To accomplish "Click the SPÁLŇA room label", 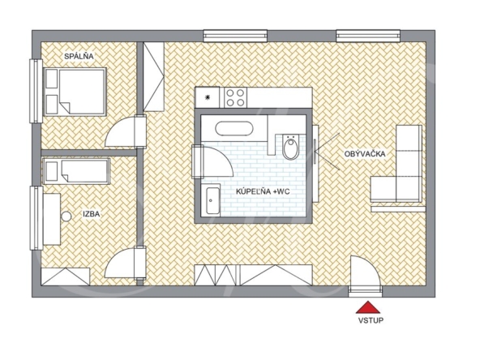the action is click(x=79, y=56).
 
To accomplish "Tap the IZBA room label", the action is click(x=92, y=214).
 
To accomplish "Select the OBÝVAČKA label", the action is click(x=365, y=154).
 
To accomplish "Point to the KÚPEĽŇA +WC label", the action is click(x=263, y=191).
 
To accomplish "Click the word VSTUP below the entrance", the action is click(x=371, y=320).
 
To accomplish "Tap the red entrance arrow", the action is click(x=368, y=307).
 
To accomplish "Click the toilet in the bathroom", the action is click(x=289, y=146).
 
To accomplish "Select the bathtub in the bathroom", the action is click(x=234, y=129).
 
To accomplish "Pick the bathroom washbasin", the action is click(x=212, y=201).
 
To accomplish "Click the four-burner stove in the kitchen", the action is click(x=235, y=97).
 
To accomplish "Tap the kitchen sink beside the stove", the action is click(x=208, y=97).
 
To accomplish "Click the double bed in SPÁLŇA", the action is click(x=75, y=92).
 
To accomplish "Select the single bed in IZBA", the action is click(x=76, y=171).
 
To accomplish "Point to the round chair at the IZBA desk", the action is click(x=66, y=216).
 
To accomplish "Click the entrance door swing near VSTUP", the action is click(x=365, y=271).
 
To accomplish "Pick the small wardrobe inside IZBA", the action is click(x=66, y=276).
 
